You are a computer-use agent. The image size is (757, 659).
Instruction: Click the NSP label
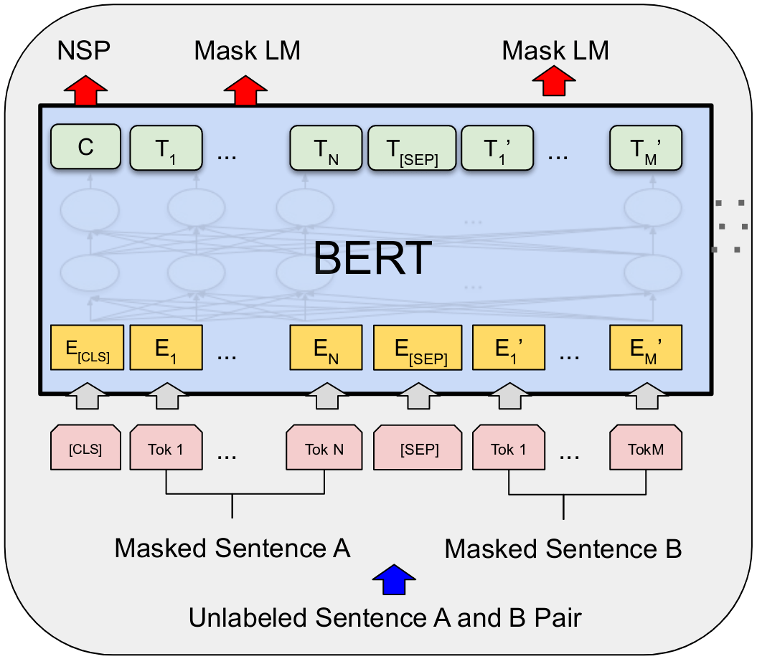(x=83, y=50)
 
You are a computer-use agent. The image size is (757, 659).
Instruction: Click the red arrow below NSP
(x=85, y=92)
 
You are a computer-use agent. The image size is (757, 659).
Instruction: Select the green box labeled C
(x=85, y=148)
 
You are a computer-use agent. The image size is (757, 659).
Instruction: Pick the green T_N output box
(x=326, y=148)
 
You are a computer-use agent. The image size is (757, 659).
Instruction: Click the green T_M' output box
(x=645, y=148)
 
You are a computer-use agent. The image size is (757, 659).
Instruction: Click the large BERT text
(x=372, y=258)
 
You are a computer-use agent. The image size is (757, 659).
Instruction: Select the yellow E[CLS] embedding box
(x=88, y=348)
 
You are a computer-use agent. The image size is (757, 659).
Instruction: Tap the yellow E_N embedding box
(x=325, y=348)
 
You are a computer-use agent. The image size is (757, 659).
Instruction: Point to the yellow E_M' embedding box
(x=645, y=348)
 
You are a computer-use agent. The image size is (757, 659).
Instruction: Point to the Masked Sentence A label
(x=232, y=549)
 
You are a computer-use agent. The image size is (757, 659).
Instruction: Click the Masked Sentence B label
(x=563, y=549)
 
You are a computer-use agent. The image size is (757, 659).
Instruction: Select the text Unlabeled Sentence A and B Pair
(x=384, y=617)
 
